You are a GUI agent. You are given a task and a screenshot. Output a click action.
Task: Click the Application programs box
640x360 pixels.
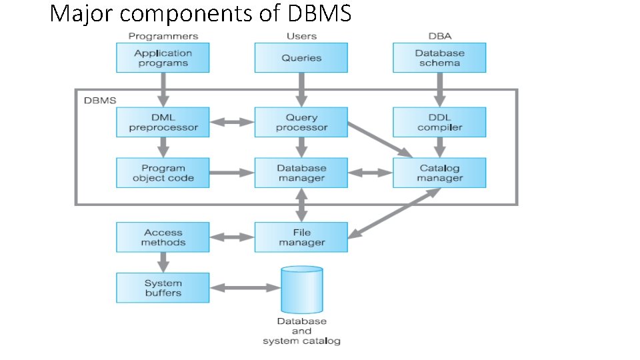tap(163, 58)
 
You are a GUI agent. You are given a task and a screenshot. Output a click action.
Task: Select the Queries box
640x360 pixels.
tap(301, 58)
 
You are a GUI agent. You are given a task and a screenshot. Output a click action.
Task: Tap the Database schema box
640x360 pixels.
tap(439, 58)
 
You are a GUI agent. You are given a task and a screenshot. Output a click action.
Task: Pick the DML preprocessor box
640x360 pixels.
tap(163, 122)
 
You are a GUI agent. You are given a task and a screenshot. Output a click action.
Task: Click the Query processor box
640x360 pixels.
tap(301, 122)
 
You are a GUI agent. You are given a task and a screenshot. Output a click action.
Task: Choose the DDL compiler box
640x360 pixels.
tap(439, 122)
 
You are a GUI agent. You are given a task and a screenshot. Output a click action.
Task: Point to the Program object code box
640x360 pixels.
tap(163, 173)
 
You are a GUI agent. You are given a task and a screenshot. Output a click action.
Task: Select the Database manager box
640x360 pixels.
tap(301, 173)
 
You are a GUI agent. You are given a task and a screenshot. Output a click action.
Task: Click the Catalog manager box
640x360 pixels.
tap(439, 173)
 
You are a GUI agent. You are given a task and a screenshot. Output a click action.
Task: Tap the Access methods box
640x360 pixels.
tap(163, 237)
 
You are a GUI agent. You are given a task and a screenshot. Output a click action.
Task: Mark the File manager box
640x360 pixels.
tap(301, 237)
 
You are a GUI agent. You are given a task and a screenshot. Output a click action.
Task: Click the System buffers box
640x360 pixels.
tap(163, 287)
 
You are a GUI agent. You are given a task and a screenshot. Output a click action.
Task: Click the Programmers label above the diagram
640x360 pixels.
tap(163, 36)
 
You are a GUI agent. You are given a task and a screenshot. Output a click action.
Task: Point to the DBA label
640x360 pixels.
tap(439, 36)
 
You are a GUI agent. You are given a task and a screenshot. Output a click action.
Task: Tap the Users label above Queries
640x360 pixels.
tap(301, 36)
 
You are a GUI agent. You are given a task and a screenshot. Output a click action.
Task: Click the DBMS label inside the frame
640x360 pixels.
tap(99, 100)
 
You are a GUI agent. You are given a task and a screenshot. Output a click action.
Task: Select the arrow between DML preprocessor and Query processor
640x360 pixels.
tap(232, 122)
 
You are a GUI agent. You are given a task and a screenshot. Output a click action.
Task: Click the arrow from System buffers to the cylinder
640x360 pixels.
tap(245, 287)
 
